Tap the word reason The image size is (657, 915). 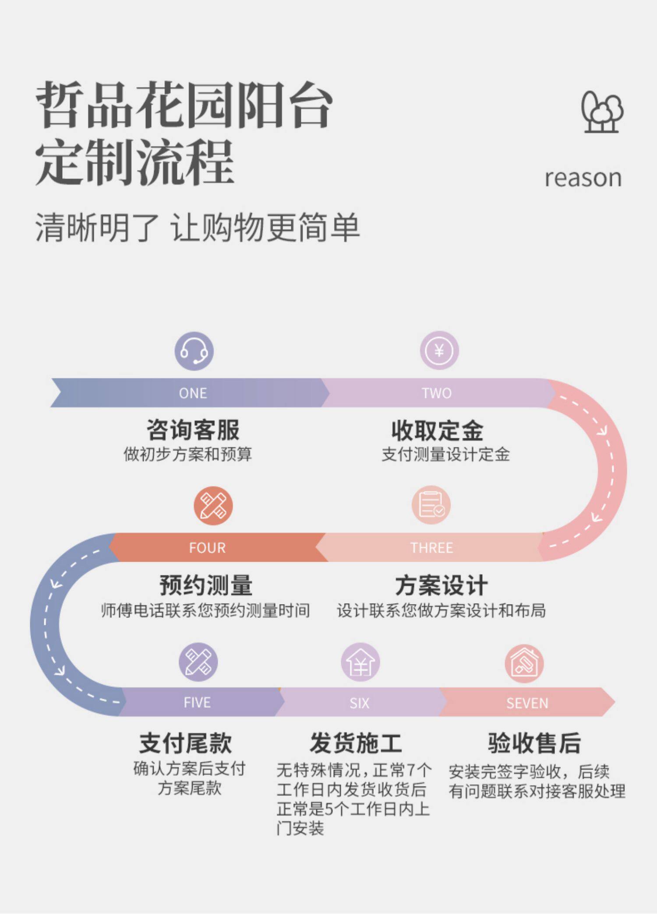(x=583, y=178)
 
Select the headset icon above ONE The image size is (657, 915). (x=194, y=351)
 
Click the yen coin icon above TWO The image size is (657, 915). (x=439, y=351)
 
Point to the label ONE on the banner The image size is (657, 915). (x=193, y=393)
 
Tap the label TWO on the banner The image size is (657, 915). (x=437, y=393)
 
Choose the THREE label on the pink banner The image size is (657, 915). (x=431, y=548)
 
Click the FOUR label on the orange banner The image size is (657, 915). (x=207, y=548)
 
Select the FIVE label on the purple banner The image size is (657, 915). (x=197, y=703)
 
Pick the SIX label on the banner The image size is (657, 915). (x=359, y=703)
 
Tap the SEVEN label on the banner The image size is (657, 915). (x=527, y=703)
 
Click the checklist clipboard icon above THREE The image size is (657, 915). (x=431, y=505)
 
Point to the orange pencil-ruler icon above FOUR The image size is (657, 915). (x=213, y=506)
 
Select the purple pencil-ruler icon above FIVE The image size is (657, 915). (x=198, y=662)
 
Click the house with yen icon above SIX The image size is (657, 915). (x=360, y=662)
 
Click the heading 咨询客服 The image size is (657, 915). (x=193, y=430)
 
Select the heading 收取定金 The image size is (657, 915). (x=437, y=430)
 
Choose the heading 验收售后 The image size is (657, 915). (x=534, y=743)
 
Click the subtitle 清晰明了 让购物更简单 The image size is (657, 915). (x=197, y=228)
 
